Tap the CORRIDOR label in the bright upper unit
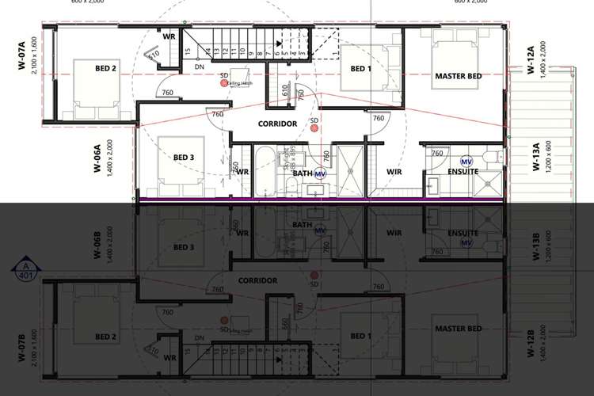(277, 124)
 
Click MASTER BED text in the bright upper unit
(459, 76)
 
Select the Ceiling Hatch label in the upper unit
(239, 82)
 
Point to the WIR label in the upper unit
(395, 170)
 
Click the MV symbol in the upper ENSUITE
(465, 161)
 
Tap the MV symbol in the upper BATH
(320, 173)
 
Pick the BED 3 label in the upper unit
(184, 157)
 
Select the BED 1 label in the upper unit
(360, 69)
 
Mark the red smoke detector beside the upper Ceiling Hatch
(225, 82)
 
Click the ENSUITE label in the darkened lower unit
(463, 233)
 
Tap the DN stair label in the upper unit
(200, 67)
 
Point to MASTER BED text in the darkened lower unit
(459, 329)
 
